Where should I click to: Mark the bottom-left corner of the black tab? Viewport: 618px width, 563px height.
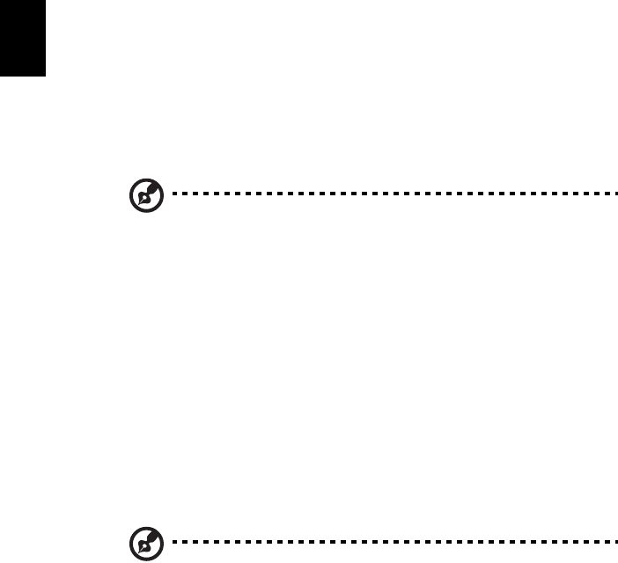(0, 77)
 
